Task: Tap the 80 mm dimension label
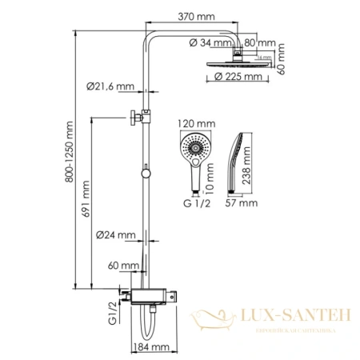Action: (261, 43)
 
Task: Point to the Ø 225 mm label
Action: (239, 77)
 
